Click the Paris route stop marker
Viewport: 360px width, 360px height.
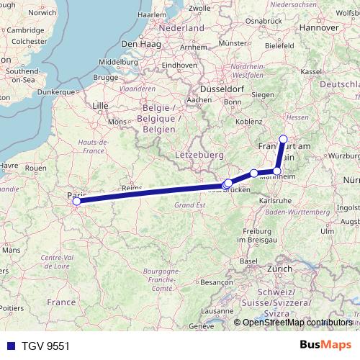[x=75, y=202]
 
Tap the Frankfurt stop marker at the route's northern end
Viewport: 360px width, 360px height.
[x=283, y=140]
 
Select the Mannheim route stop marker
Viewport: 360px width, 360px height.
[x=277, y=171]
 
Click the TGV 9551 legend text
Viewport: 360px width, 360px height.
[x=44, y=346]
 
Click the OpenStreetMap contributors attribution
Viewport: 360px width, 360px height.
[x=297, y=323]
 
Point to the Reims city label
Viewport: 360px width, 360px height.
[x=132, y=187]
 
